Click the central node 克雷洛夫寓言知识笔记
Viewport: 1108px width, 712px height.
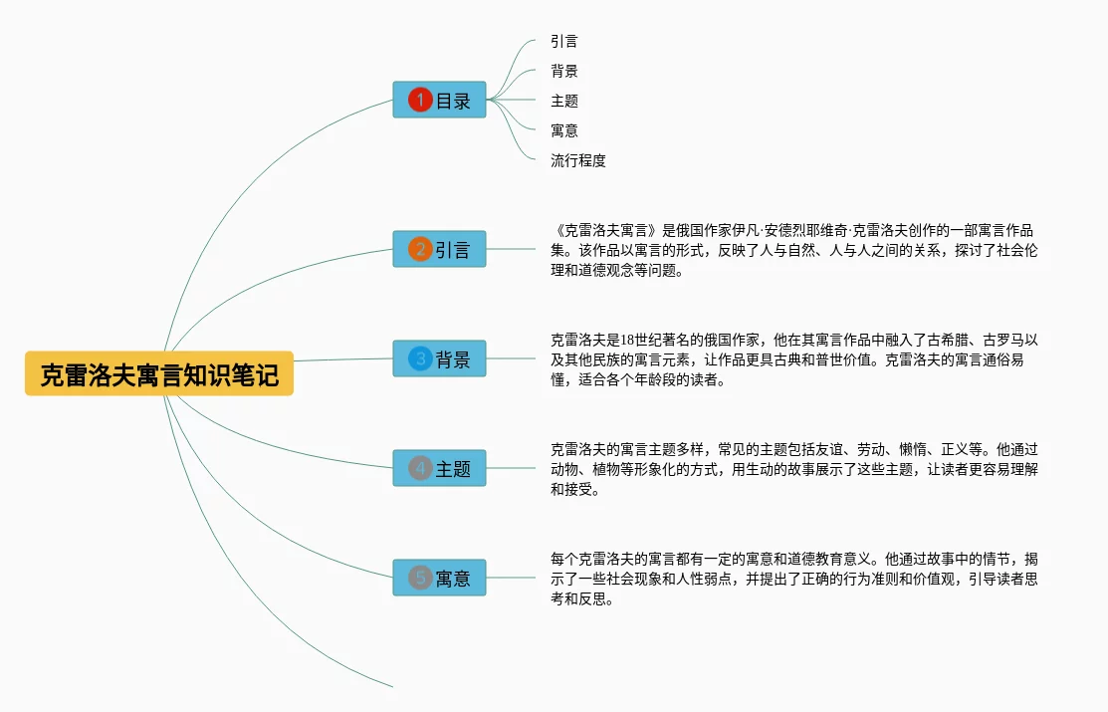click(159, 373)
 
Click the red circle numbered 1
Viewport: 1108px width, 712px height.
click(420, 100)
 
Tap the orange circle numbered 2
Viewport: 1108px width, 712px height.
click(420, 249)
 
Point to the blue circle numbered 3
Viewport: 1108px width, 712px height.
click(420, 358)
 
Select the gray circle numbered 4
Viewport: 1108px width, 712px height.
click(420, 468)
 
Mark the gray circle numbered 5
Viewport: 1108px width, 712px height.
click(420, 578)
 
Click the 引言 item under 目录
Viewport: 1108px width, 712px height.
click(564, 42)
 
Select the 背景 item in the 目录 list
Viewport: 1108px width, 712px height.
click(564, 71)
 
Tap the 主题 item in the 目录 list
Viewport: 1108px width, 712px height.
click(564, 101)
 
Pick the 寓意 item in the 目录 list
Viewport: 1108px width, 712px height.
click(564, 130)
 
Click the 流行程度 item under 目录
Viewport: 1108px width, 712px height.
click(578, 160)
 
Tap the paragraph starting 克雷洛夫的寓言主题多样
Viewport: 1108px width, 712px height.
click(793, 468)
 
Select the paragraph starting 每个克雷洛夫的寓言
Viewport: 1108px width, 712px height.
click(793, 579)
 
